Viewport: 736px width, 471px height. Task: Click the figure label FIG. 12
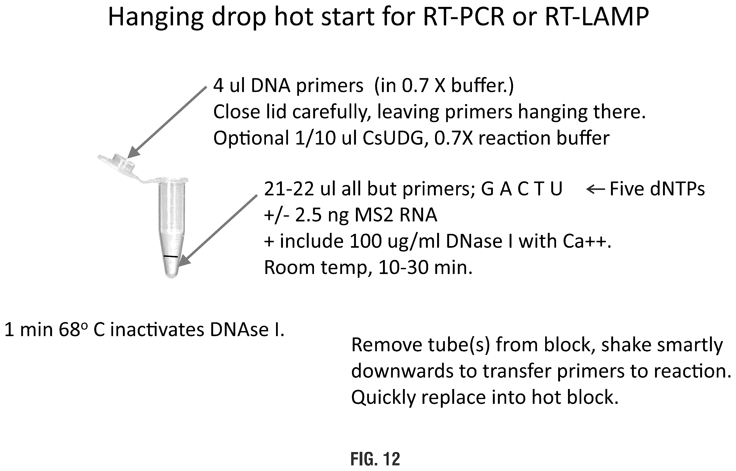point(375,459)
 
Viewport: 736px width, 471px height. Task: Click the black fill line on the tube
point(171,256)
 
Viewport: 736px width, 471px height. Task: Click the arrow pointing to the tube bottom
point(218,230)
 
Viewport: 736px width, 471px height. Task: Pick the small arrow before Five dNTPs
point(595,190)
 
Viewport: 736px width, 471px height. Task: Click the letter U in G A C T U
point(556,189)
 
